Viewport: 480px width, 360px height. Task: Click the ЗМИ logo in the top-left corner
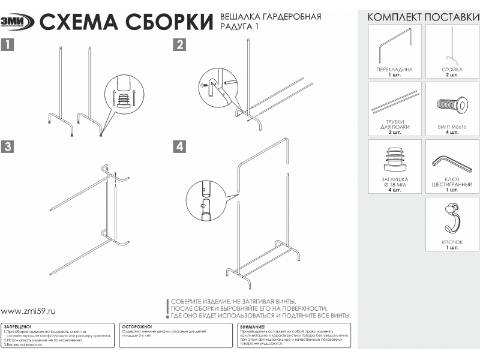[x=17, y=22]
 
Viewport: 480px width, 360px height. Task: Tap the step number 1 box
[x=7, y=44]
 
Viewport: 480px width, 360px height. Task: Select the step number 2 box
[x=179, y=44]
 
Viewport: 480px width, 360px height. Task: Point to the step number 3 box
[x=7, y=146]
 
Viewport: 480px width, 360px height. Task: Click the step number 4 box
[x=179, y=146]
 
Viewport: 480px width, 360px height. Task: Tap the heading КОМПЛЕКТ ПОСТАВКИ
[x=423, y=17]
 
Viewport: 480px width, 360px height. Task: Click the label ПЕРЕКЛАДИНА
[x=394, y=70]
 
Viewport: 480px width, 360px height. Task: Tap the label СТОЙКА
[x=452, y=70]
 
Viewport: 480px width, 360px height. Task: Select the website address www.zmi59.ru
[x=28, y=311]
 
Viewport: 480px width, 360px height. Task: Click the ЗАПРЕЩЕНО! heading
[x=17, y=326]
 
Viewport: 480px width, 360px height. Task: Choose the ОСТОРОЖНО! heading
[x=137, y=326]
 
